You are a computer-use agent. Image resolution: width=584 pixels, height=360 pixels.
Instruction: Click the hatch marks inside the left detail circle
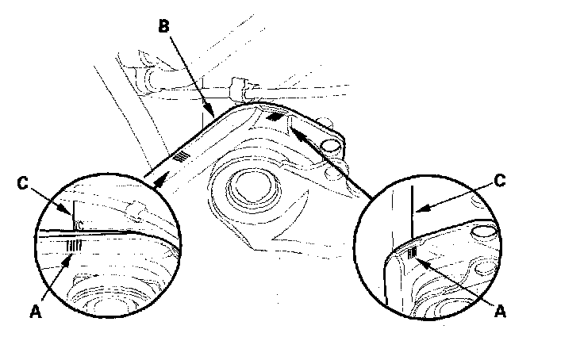[x=74, y=246]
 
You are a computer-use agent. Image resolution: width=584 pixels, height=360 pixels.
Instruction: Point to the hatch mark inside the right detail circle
[x=413, y=253]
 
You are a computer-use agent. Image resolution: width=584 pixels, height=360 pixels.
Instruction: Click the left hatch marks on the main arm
[x=182, y=156]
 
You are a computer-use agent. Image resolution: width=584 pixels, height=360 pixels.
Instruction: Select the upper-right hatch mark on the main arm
[x=275, y=116]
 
